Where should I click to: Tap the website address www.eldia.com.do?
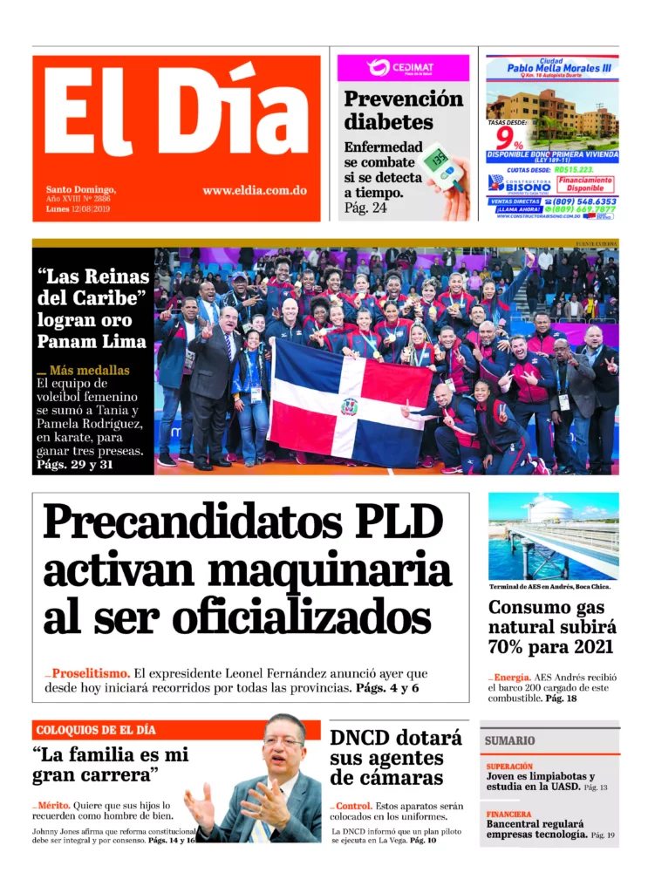point(254,190)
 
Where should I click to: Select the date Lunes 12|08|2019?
point(78,209)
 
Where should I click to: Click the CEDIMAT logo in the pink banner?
point(401,68)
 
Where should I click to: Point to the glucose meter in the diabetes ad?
point(442,166)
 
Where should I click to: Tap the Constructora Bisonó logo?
point(520,183)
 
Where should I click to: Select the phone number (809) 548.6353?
point(582,201)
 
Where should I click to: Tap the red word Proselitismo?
point(91,673)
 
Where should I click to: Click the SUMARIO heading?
point(510,740)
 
